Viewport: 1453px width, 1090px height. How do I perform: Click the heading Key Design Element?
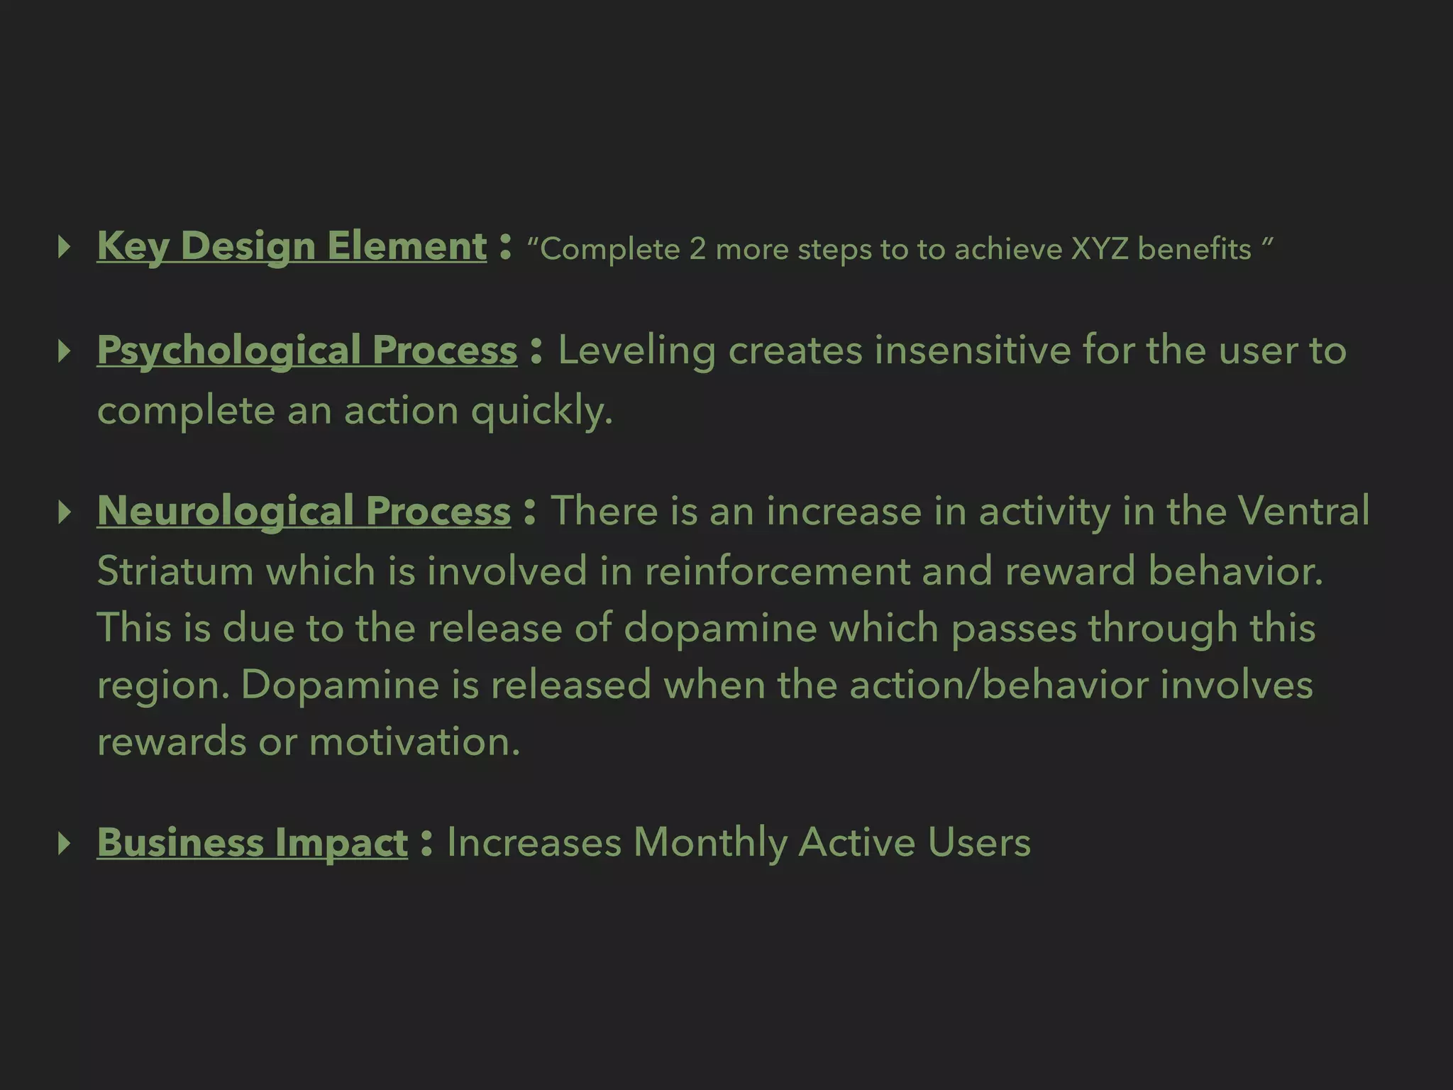292,246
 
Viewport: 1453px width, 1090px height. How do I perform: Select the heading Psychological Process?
307,351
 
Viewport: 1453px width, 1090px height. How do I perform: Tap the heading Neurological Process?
304,511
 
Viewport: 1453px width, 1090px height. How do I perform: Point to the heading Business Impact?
252,842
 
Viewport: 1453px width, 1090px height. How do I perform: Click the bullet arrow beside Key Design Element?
65,247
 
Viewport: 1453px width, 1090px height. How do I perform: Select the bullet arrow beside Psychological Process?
65,351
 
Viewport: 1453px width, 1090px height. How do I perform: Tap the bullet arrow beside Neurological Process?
65,512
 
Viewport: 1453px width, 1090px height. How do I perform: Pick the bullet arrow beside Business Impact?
65,843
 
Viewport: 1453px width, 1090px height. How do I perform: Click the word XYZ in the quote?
1099,249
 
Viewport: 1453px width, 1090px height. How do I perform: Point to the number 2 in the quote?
697,249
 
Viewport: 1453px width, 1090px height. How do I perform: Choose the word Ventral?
1304,511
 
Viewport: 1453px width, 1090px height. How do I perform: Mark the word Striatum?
175,571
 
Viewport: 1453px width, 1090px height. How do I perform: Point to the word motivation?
414,742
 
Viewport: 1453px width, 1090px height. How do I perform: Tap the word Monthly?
710,844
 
